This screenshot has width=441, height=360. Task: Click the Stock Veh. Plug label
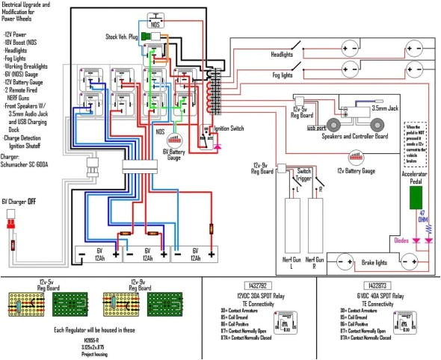[x=123, y=35]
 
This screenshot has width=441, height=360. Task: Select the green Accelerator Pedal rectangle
[x=416, y=196]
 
